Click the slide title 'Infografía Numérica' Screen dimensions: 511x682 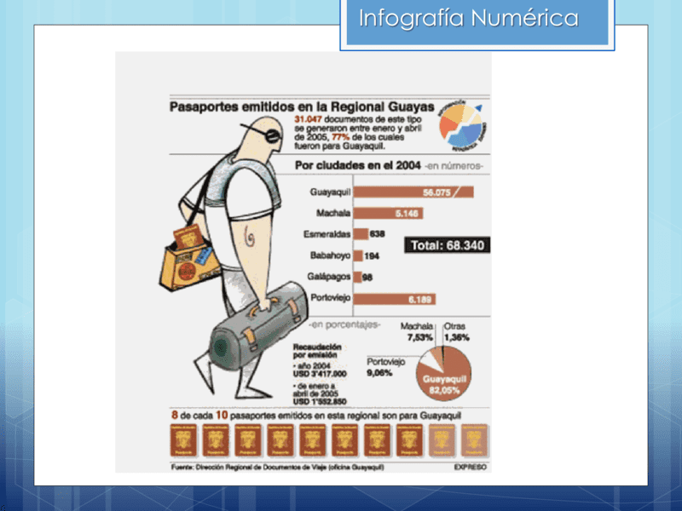click(x=468, y=19)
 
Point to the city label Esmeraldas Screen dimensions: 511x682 click(x=321, y=234)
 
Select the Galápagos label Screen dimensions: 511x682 click(x=327, y=277)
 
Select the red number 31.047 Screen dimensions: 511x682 click(x=310, y=118)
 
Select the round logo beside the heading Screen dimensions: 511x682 click(x=461, y=124)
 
